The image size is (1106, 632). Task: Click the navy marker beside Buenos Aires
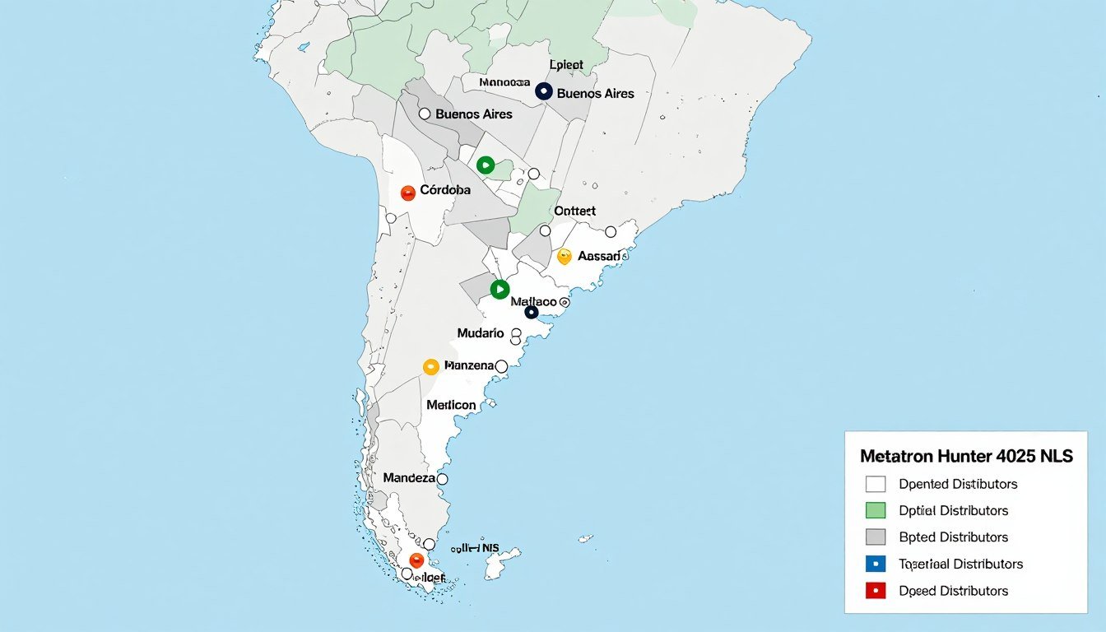[x=543, y=92]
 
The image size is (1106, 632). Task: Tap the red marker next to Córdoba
[x=407, y=193]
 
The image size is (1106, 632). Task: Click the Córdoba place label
[x=445, y=190]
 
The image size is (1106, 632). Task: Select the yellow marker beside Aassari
[x=564, y=257]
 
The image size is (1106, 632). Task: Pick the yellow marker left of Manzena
[x=430, y=367]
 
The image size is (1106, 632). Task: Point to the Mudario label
[x=481, y=333]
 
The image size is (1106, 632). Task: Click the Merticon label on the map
[x=451, y=405]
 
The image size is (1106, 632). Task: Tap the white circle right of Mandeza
[x=442, y=479]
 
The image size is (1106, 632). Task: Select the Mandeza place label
[x=408, y=477]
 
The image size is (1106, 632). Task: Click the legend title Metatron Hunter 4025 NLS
[x=966, y=456]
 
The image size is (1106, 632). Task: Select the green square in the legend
[x=876, y=510]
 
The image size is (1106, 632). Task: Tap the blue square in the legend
[x=876, y=565]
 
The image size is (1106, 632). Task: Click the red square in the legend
[x=876, y=591]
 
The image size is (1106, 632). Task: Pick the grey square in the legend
[x=876, y=537]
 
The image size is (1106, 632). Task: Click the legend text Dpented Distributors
[x=958, y=484]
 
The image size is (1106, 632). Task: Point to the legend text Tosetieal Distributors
[x=960, y=565]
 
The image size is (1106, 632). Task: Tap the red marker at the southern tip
[x=416, y=560]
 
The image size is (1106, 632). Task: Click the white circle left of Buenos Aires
[x=425, y=114]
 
